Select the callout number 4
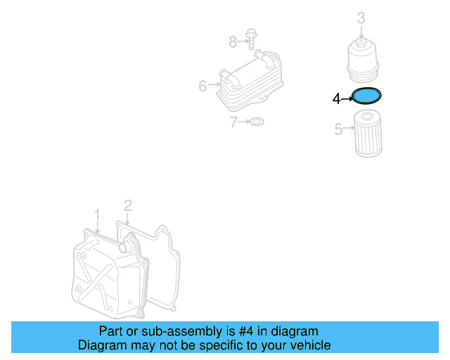click(x=336, y=99)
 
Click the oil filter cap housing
click(x=364, y=58)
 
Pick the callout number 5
click(x=338, y=129)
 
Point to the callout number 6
click(x=202, y=86)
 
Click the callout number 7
click(x=233, y=122)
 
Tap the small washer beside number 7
click(x=257, y=122)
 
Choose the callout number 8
click(x=233, y=42)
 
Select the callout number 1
click(x=97, y=214)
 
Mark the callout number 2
click(x=127, y=205)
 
